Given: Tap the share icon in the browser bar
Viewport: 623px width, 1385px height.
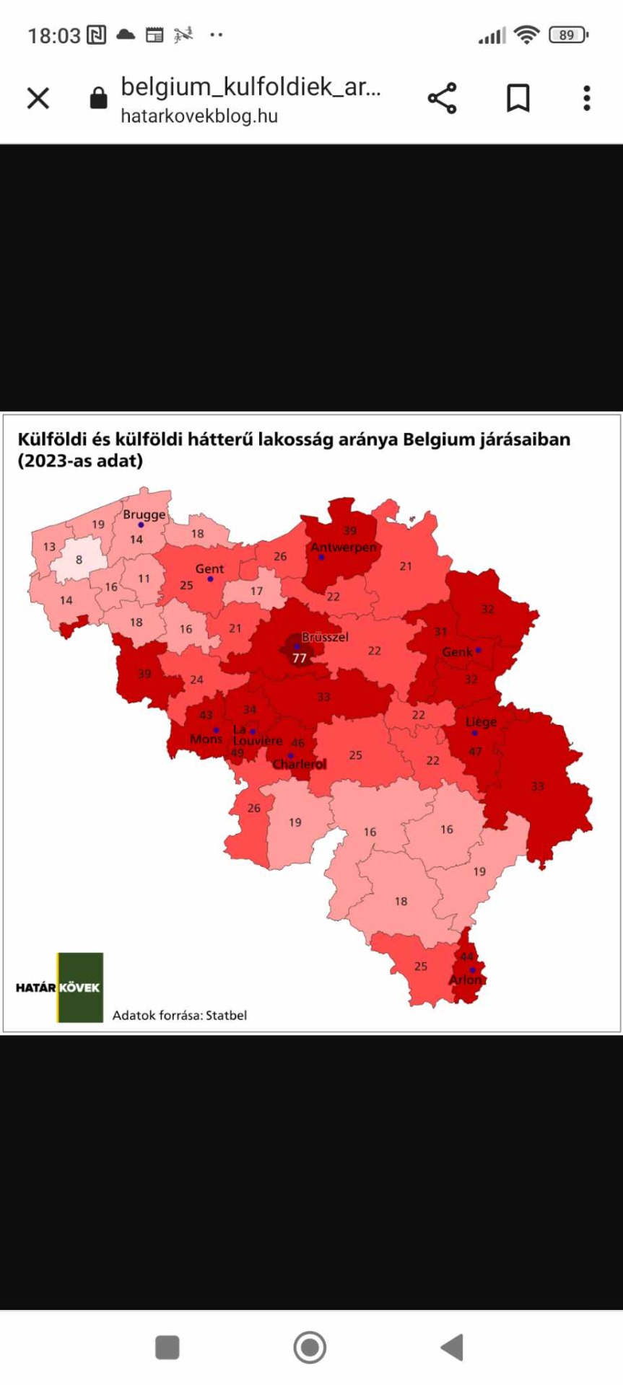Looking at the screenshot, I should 442,98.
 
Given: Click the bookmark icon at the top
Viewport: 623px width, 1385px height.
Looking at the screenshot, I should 518,98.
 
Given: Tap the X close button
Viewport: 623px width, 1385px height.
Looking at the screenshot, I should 38,98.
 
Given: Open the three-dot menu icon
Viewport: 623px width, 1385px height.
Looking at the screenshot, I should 587,98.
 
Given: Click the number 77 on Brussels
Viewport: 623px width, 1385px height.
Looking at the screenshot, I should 300,658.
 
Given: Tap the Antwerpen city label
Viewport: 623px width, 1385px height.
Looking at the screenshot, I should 344,547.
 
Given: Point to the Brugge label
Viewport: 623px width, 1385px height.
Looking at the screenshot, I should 144,514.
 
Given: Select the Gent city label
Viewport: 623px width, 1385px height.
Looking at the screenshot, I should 209,568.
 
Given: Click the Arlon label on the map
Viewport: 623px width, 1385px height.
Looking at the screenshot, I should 466,980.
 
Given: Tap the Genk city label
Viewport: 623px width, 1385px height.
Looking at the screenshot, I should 457,651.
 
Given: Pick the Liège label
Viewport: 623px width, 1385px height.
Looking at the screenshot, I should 481,721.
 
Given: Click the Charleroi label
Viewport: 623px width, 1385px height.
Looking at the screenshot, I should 299,764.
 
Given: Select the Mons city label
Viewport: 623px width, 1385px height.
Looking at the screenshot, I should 206,739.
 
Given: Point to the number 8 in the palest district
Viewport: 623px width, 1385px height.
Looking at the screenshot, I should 79,560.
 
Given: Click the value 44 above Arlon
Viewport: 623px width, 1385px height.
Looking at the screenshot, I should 467,957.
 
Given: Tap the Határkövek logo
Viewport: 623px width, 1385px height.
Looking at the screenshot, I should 58,987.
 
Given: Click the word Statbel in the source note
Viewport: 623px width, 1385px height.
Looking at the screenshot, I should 226,1015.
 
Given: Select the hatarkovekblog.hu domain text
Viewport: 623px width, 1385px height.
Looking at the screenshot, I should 199,116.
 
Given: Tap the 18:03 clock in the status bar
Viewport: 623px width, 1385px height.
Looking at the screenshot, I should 54,35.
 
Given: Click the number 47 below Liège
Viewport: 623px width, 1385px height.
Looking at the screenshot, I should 475,751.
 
